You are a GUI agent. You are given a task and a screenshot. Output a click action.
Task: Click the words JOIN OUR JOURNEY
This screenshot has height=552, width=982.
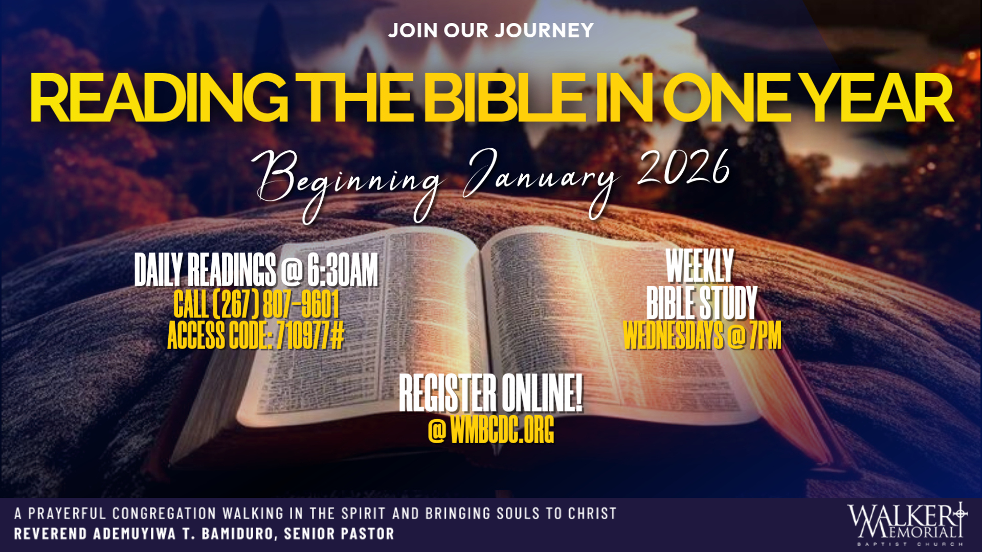(490, 31)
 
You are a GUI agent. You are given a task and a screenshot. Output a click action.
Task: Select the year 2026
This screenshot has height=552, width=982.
(683, 169)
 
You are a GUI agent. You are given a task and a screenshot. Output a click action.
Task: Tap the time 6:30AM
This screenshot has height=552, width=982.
(342, 269)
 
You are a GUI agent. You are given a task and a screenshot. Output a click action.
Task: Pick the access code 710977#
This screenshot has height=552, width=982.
(310, 336)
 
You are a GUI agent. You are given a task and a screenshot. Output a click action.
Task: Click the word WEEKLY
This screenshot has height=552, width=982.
(700, 266)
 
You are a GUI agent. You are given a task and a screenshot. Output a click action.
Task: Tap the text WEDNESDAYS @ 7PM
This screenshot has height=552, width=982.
(702, 336)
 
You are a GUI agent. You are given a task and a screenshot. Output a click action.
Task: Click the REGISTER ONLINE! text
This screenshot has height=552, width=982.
(490, 393)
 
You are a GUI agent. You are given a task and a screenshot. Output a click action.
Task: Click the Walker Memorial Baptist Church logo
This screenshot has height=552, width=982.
(907, 524)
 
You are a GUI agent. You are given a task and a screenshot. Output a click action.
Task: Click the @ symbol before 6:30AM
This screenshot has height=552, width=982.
(292, 270)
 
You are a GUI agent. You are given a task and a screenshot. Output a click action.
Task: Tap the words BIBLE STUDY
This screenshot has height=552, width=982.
(702, 303)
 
